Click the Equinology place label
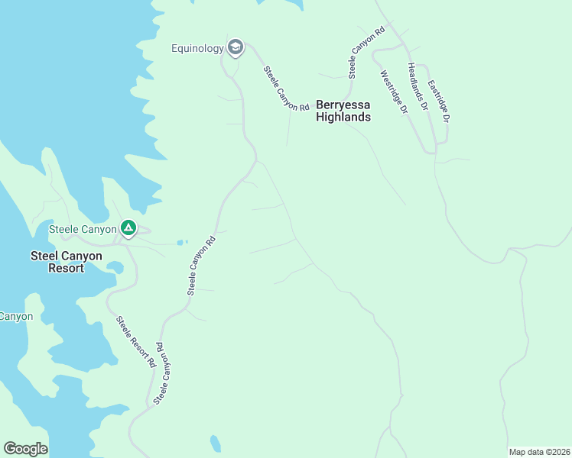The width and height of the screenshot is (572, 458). tap(197, 49)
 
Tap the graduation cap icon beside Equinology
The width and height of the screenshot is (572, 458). tap(236, 48)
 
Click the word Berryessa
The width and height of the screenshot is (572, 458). tap(343, 105)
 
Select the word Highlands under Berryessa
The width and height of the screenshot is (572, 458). tap(343, 117)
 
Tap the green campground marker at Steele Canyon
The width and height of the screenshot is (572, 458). tap(128, 227)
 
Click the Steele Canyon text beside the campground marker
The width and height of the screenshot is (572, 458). tap(83, 228)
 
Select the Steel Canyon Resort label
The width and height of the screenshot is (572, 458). tap(66, 262)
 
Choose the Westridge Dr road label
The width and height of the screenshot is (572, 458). tap(394, 92)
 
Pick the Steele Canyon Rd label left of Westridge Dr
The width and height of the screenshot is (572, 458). tap(365, 54)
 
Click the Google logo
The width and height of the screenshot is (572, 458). tap(25, 448)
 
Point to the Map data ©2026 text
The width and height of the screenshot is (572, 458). tap(538, 451)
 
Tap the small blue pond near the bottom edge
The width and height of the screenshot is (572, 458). tap(216, 443)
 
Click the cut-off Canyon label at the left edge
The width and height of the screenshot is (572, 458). tap(16, 316)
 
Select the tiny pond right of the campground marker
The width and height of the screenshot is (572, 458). tap(180, 243)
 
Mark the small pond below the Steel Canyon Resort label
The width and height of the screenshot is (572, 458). tap(115, 267)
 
